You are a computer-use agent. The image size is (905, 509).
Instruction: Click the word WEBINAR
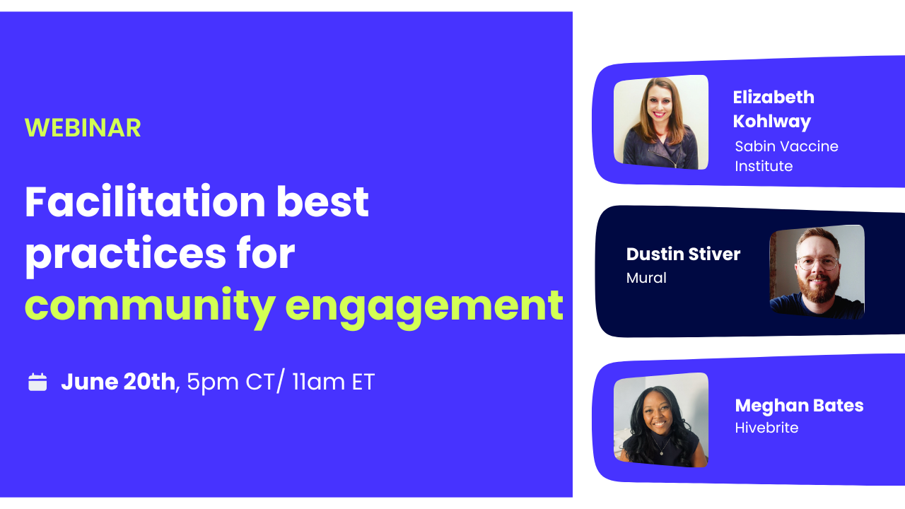point(83,128)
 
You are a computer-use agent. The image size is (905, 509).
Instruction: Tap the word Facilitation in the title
point(145,201)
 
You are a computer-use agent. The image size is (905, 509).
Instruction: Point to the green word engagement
point(424,309)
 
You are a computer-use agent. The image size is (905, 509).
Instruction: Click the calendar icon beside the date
point(37,382)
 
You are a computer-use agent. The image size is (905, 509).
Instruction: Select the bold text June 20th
point(118,382)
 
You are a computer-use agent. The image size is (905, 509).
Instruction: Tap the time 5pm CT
point(230,382)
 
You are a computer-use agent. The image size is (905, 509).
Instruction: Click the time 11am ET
point(333,382)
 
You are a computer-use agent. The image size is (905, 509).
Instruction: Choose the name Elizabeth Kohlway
point(773,110)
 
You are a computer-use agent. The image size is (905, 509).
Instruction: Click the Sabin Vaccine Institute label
point(786,156)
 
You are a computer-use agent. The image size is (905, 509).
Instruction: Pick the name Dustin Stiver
point(683,254)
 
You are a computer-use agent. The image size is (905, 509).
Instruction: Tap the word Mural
point(646,278)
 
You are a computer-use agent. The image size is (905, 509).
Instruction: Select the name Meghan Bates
point(799,406)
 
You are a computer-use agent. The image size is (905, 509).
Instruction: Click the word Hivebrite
point(766,428)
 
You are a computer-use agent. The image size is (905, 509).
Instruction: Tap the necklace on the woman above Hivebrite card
point(661,446)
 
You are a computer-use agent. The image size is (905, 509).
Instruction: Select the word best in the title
point(322,201)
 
